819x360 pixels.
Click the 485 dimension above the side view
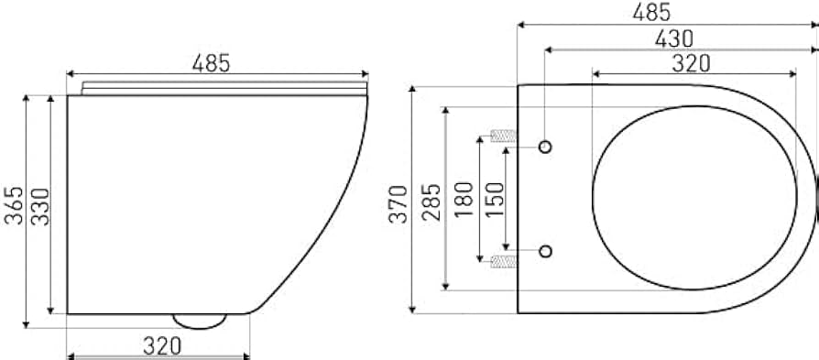point(211,63)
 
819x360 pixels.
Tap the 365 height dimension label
point(15,205)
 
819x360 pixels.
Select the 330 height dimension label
point(39,206)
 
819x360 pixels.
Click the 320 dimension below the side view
point(162,346)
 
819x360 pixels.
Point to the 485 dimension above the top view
point(651,13)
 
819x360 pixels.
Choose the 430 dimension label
point(674,38)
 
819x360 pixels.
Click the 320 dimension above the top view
point(691,63)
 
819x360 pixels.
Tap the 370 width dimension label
point(398,203)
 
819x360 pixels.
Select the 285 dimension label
point(432,202)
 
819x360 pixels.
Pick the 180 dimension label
point(464,200)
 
